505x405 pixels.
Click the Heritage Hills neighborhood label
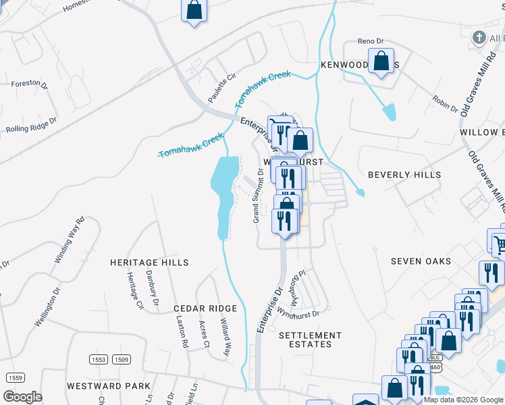(149, 262)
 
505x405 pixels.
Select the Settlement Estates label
(310, 340)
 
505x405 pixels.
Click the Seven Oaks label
(420, 261)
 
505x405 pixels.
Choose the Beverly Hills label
(404, 175)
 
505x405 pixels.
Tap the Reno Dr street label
(371, 41)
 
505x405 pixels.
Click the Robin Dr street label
(446, 102)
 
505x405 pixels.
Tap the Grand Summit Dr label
(257, 196)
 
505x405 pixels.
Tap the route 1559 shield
(16, 377)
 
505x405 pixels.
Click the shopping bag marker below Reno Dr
(381, 61)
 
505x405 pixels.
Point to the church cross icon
(479, 37)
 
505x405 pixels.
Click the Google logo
(23, 397)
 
